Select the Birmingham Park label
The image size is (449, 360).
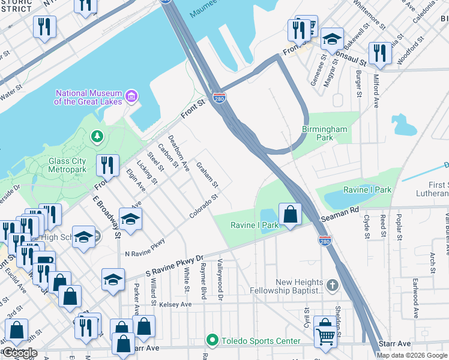[325, 133]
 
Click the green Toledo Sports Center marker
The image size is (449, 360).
[211, 341]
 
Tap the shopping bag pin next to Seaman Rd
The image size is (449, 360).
[290, 214]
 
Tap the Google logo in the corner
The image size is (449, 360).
[20, 353]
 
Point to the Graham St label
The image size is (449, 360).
[207, 176]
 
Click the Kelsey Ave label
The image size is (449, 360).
[175, 305]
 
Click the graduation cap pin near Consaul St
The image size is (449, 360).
[331, 40]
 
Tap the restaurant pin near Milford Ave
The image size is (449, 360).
[380, 53]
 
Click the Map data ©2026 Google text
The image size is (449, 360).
[412, 355]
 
